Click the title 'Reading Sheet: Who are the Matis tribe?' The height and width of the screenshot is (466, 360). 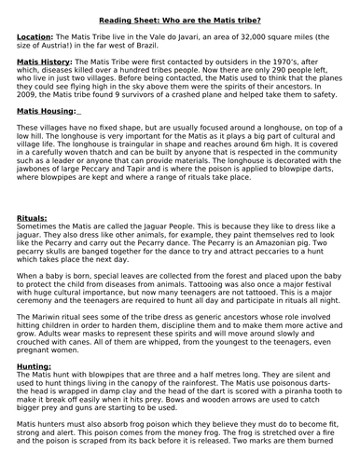[x=180, y=10]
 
